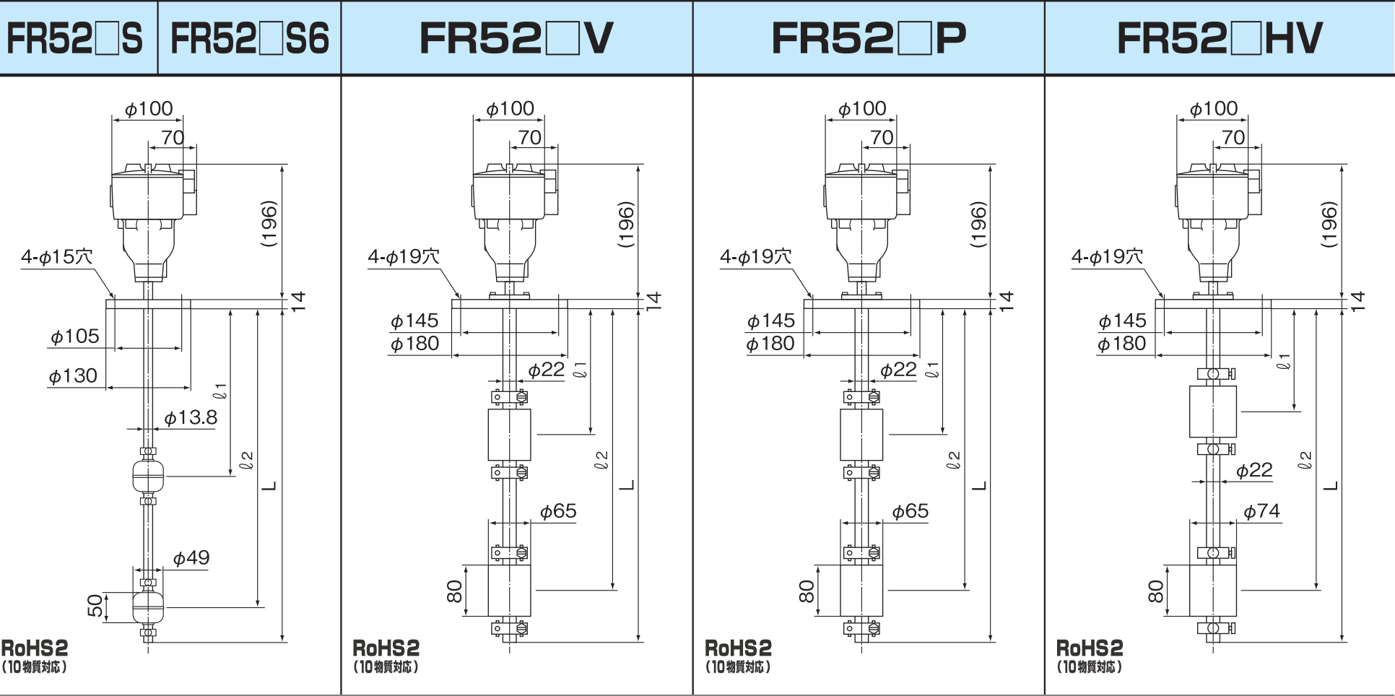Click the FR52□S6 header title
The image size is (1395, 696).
pyautogui.click(x=249, y=38)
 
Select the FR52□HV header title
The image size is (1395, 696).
pyautogui.click(x=1220, y=38)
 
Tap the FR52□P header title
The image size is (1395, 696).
pyautogui.click(x=869, y=38)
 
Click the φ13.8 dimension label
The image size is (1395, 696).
pyautogui.click(x=191, y=417)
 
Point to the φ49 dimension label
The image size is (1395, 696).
pyautogui.click(x=191, y=557)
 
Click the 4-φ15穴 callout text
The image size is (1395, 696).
pyautogui.click(x=57, y=256)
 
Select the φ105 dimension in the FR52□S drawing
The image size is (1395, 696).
pyautogui.click(x=75, y=336)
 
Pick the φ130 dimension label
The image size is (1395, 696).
pyautogui.click(x=73, y=376)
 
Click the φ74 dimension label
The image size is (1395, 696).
pyautogui.click(x=1261, y=511)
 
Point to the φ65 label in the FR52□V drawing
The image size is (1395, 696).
pyautogui.click(x=558, y=511)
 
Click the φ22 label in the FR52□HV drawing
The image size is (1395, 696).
pyautogui.click(x=1254, y=471)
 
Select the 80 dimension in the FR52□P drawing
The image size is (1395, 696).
pyautogui.click(x=807, y=591)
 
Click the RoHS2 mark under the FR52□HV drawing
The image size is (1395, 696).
pyautogui.click(x=1090, y=648)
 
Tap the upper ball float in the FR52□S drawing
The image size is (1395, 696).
pyautogui.click(x=149, y=474)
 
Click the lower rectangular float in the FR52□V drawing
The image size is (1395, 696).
pyautogui.click(x=509, y=590)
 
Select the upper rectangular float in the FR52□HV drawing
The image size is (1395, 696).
pyautogui.click(x=1213, y=412)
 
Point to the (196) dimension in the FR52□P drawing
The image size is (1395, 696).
pyautogui.click(x=978, y=225)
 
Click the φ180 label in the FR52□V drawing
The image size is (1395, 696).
pyautogui.click(x=414, y=344)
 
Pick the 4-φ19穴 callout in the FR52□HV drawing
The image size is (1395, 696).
pyautogui.click(x=1108, y=256)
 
